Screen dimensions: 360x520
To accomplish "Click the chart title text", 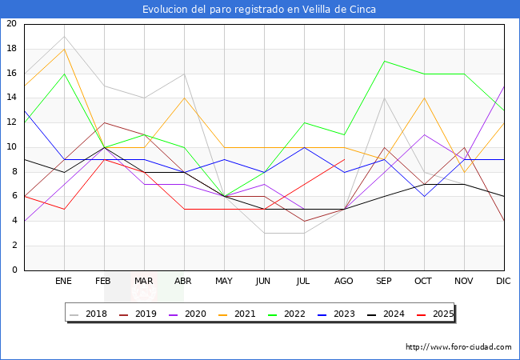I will click(259, 10).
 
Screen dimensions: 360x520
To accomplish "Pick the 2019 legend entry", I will click(142, 314).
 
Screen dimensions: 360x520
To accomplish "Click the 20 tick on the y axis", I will click(11, 24).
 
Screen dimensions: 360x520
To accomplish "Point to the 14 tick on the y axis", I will click(11, 98).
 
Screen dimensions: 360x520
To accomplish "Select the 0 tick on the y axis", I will click(14, 270).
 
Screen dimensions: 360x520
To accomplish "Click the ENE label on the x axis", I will click(64, 282).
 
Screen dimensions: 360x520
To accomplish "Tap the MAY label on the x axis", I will click(224, 282).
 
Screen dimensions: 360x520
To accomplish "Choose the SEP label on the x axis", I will click(384, 282).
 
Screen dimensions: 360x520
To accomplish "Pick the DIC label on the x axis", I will click(503, 282).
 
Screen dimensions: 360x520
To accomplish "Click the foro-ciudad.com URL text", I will click(458, 347).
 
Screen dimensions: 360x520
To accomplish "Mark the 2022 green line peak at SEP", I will click(384, 61).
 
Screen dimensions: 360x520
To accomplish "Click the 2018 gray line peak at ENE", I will click(64, 36).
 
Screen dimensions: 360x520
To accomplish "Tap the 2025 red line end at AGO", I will click(344, 159).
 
